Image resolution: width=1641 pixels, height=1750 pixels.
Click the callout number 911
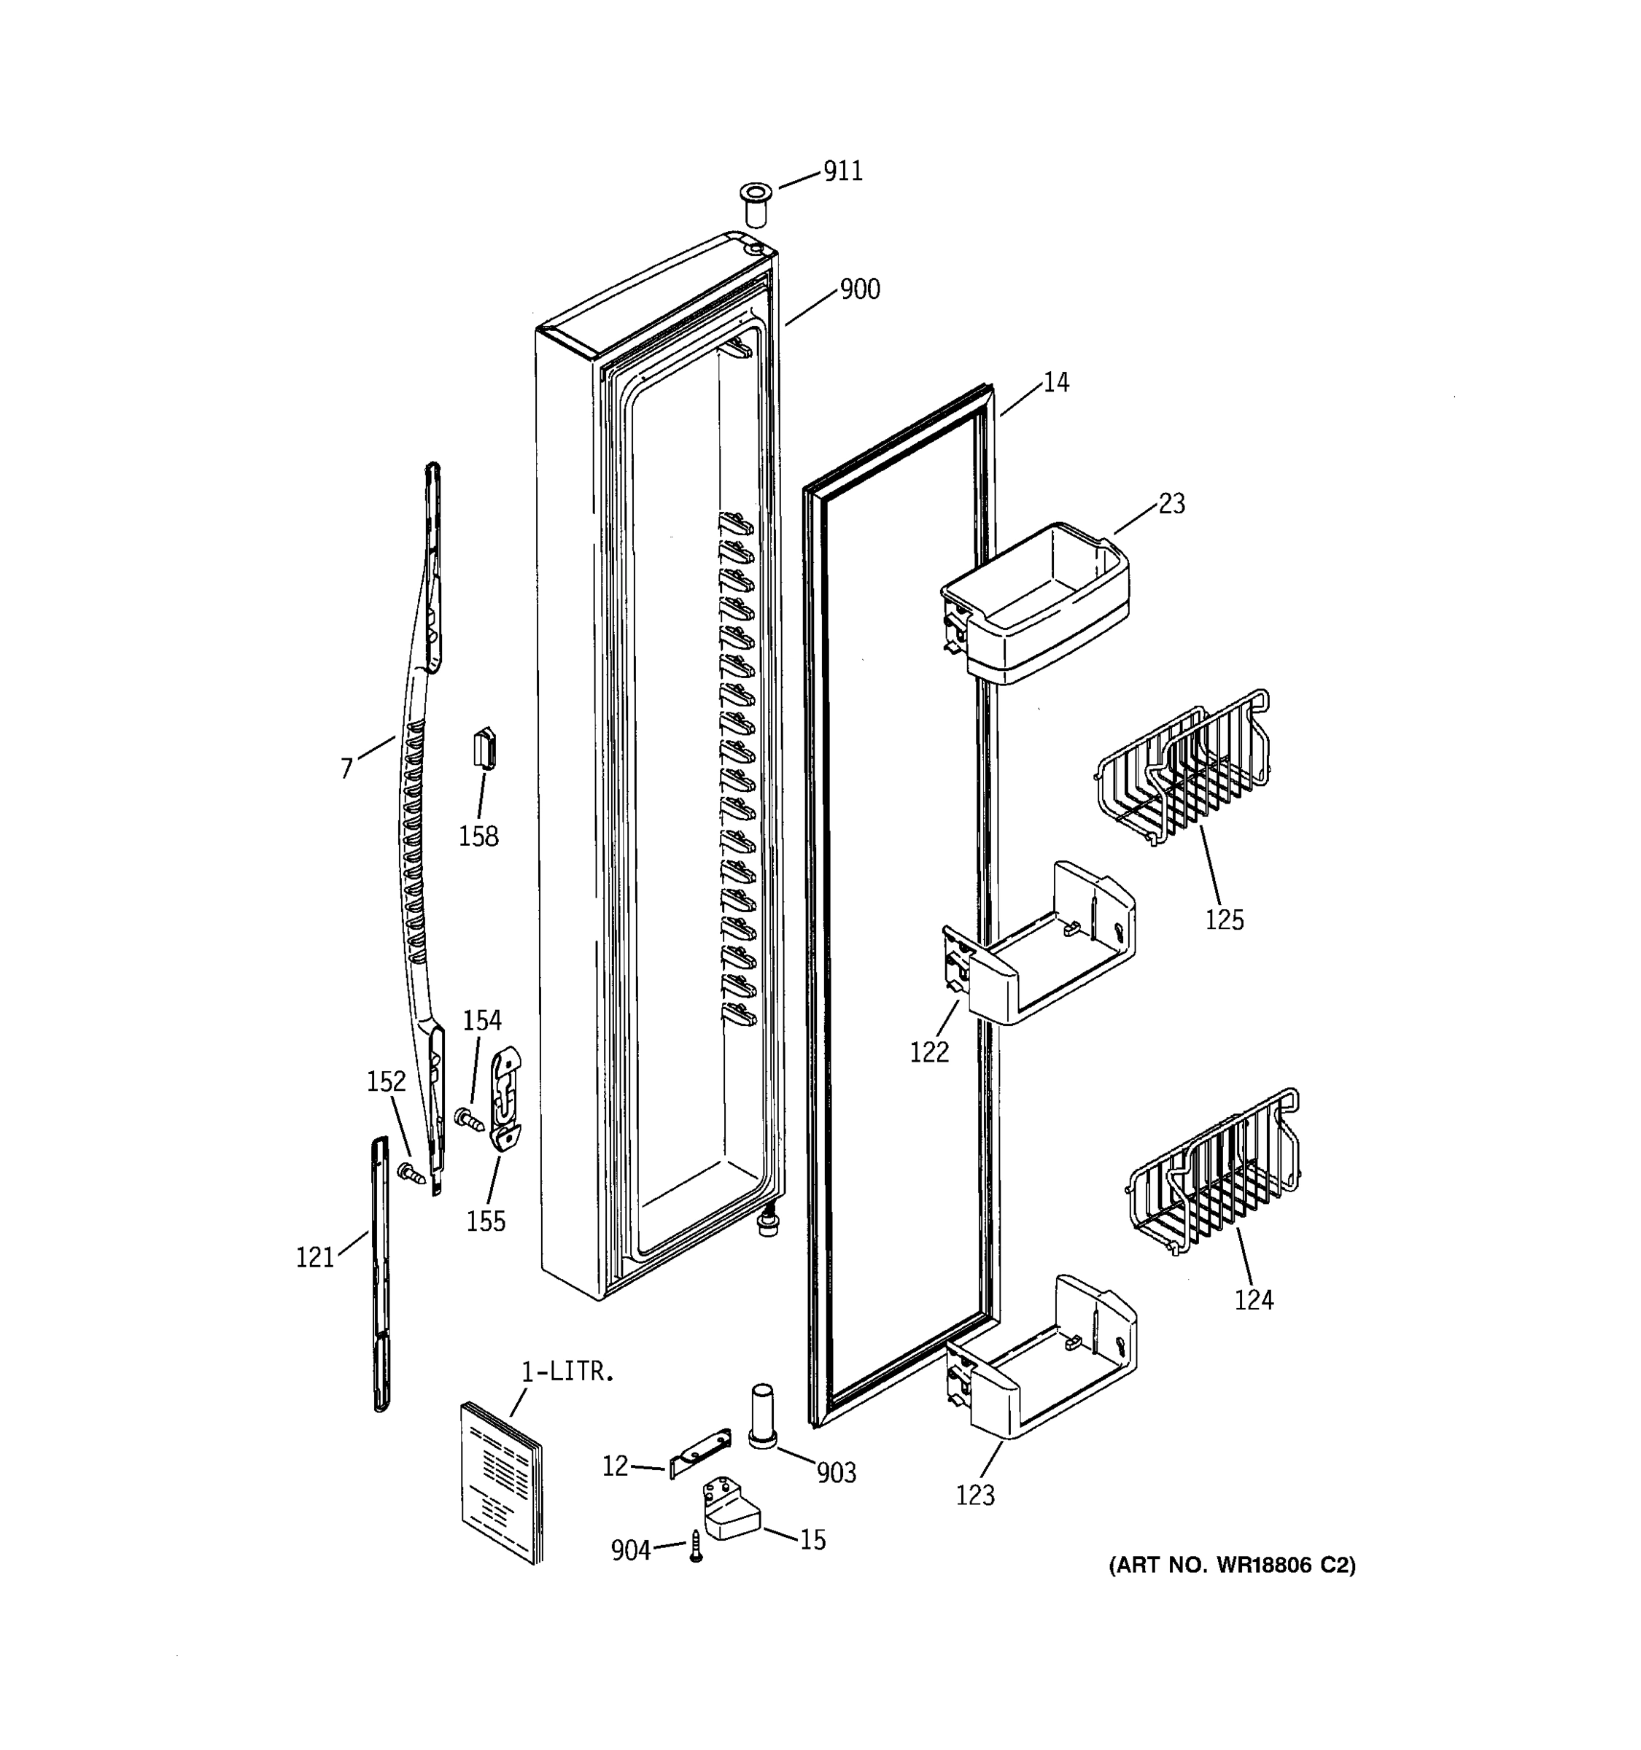pos(842,171)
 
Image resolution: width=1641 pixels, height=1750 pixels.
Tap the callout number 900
pos(859,289)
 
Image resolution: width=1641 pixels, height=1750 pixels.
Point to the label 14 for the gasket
pos(1055,382)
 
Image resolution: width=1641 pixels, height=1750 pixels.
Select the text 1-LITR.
pos(567,1372)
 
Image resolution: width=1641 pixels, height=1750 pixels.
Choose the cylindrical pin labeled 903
pos(761,1416)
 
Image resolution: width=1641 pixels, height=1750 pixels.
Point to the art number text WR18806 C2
pos(1232,1564)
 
